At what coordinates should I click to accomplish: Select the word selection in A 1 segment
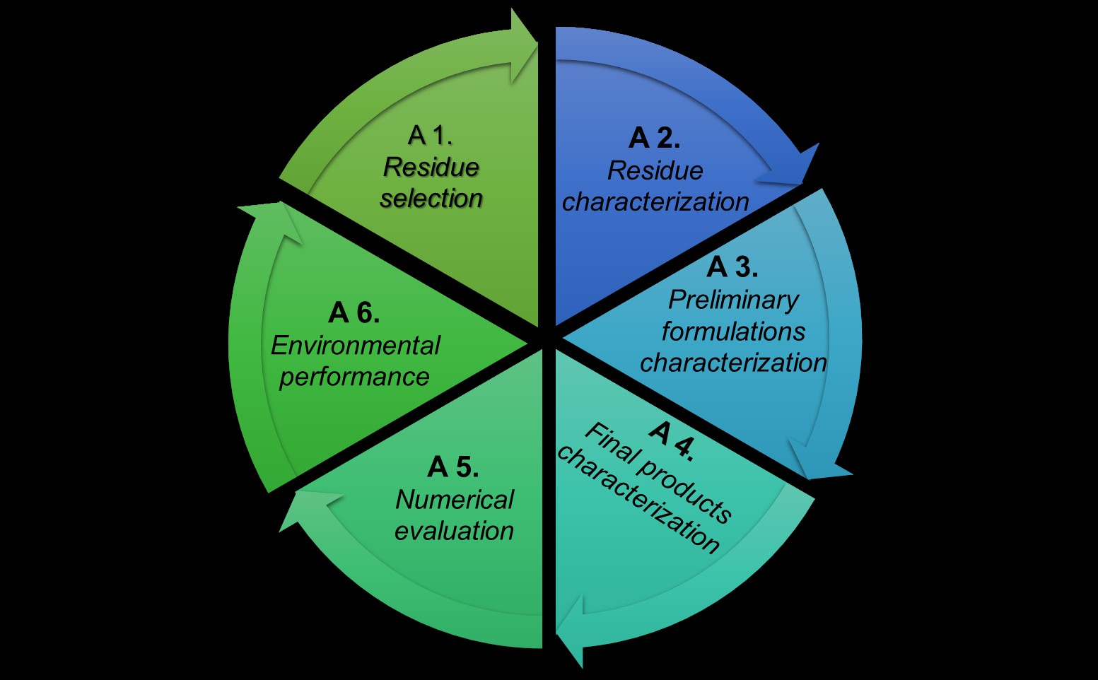point(431,199)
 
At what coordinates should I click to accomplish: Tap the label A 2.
point(654,138)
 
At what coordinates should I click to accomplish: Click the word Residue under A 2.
point(655,170)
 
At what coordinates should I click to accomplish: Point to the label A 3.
point(732,267)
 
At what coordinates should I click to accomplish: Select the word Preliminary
point(733,300)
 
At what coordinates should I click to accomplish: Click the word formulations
point(733,332)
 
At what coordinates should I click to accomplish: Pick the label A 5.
point(453,467)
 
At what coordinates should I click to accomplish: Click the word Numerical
point(455,500)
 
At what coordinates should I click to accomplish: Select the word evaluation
point(454,531)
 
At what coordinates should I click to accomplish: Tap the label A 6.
point(354,312)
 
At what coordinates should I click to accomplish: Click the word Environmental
point(355,346)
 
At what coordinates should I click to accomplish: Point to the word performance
point(354,377)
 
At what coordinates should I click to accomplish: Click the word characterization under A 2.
point(655,202)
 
